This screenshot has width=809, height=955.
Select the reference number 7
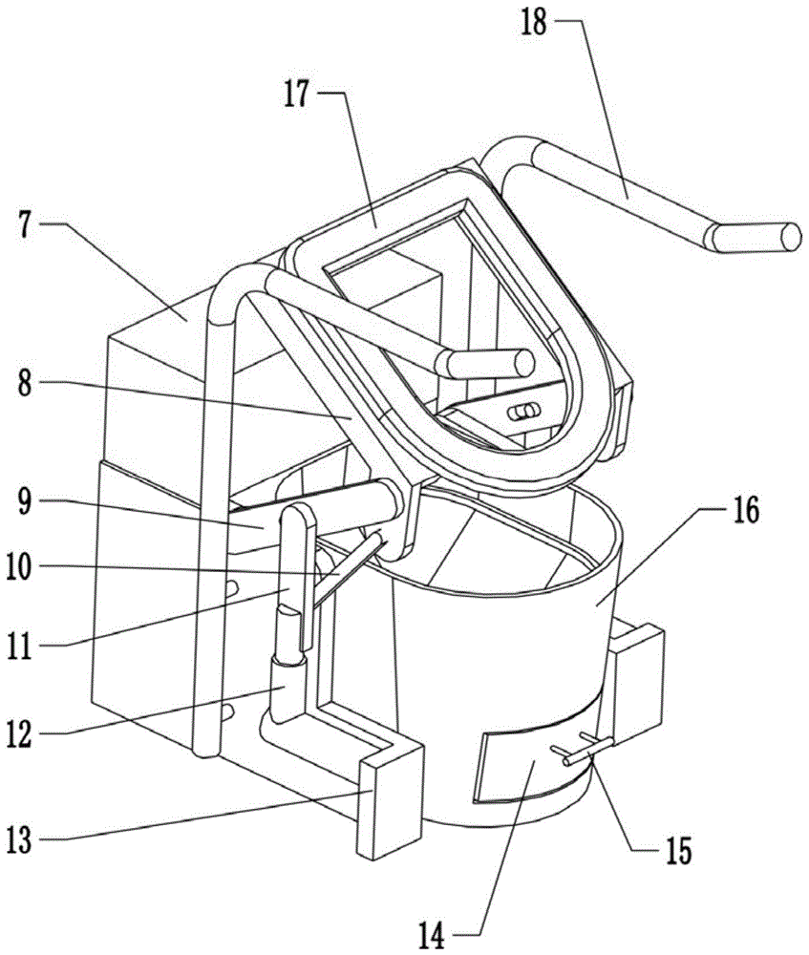pyautogui.click(x=25, y=226)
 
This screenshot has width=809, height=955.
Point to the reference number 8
pyautogui.click(x=25, y=383)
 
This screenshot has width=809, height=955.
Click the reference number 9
pyautogui.click(x=25, y=500)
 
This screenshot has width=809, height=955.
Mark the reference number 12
pyautogui.click(x=19, y=732)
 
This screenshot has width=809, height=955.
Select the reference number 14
pyautogui.click(x=433, y=935)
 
